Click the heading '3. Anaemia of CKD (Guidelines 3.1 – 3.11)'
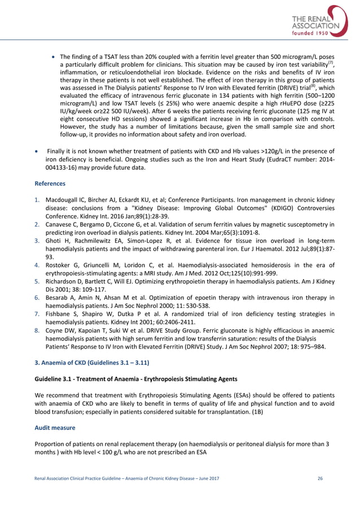[x=90, y=360]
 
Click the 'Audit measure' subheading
[x=55, y=428]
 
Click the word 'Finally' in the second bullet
[x=59, y=151]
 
